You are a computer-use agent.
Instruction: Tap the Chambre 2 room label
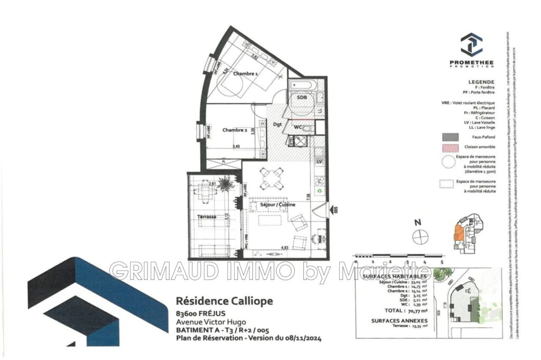pos(235,130)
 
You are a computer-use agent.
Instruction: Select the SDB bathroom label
pos(302,98)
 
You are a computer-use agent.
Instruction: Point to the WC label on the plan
pos(298,127)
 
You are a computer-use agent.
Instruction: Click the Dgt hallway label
pos(277,125)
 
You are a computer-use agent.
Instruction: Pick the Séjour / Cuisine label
pos(277,204)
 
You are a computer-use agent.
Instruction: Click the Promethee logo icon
pos(471,45)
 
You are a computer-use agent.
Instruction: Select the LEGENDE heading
pos(481,82)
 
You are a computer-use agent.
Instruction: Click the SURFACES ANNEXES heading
pos(399,320)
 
